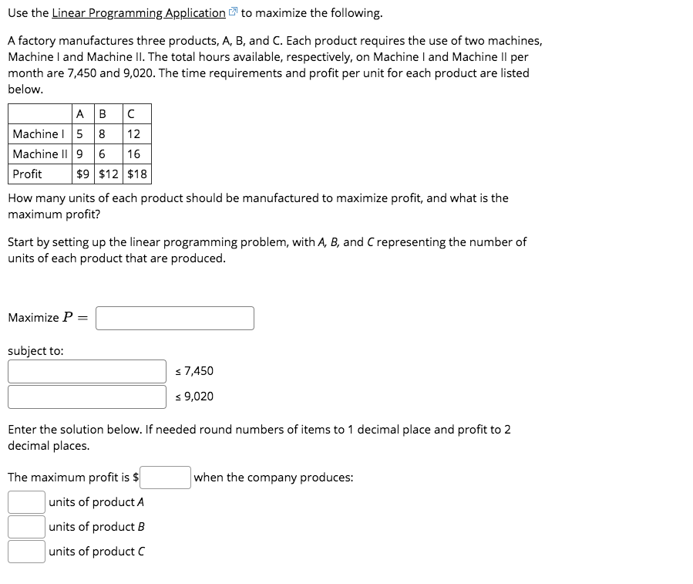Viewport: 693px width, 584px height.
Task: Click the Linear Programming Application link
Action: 139,13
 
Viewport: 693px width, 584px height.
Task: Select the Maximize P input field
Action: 175,318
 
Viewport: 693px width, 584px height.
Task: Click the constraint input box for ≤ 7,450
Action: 87,371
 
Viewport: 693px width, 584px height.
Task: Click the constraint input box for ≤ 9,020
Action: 87,397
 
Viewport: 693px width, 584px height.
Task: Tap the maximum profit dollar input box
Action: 165,477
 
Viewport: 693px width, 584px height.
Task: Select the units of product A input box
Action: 26,502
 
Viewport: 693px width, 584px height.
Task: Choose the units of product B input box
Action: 26,527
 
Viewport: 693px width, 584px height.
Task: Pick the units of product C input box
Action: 26,552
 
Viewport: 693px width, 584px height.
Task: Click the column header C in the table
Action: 130,114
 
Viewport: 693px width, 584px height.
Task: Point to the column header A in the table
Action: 81,114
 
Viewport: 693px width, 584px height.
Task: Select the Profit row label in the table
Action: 28,174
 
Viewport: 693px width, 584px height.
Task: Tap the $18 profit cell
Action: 136,174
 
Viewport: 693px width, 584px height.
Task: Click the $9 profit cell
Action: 83,174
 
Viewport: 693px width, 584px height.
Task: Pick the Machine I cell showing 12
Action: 133,134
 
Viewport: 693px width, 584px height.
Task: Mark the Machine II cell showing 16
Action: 133,154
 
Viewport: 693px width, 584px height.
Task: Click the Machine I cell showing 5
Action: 80,134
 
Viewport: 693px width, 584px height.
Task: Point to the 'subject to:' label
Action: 35,351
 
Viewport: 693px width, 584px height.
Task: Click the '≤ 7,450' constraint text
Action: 195,371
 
